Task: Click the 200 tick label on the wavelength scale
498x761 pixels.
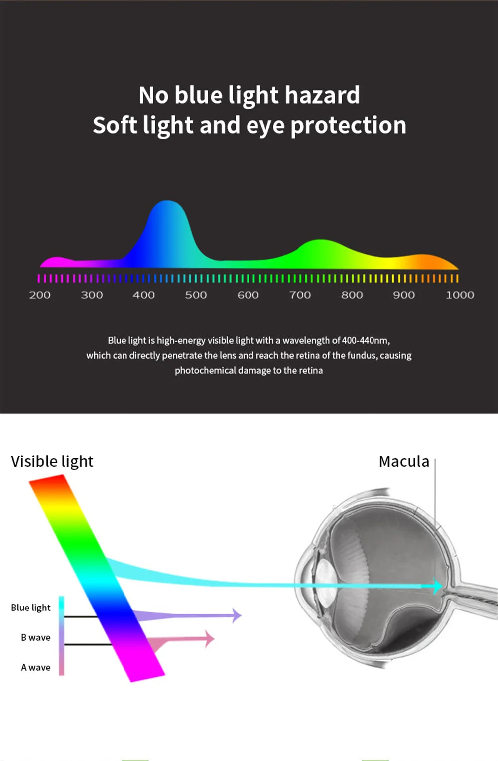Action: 40,295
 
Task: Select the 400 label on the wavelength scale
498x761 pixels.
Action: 143,295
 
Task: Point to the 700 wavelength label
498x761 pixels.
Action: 300,295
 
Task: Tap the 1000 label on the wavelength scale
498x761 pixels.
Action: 460,295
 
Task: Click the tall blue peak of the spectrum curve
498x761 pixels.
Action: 167,219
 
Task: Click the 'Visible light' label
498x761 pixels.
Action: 52,461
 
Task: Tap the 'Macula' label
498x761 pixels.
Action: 404,461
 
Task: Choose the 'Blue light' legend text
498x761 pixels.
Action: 31,608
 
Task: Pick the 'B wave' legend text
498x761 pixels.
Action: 35,637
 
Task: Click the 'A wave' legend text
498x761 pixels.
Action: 35,667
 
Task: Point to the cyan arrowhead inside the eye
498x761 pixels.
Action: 437,586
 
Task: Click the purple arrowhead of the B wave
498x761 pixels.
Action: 237,615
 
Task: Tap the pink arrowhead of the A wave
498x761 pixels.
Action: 210,638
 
